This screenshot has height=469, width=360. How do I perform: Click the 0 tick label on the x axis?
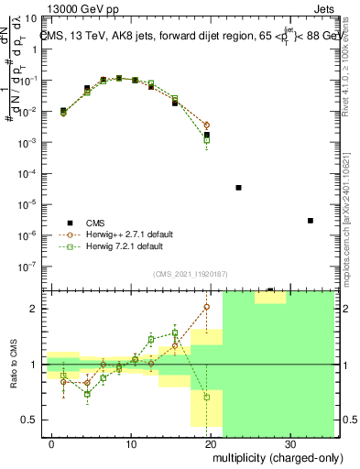click(x=51, y=444)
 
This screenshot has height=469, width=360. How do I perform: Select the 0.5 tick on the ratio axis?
click(x=33, y=420)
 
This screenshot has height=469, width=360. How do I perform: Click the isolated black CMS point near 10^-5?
click(x=238, y=188)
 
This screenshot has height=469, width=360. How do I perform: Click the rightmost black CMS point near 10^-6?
click(x=311, y=221)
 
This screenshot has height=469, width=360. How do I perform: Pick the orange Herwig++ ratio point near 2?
click(x=207, y=307)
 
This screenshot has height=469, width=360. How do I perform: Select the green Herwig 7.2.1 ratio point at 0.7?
click(x=207, y=398)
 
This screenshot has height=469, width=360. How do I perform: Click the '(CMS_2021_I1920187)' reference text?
click(x=190, y=274)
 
